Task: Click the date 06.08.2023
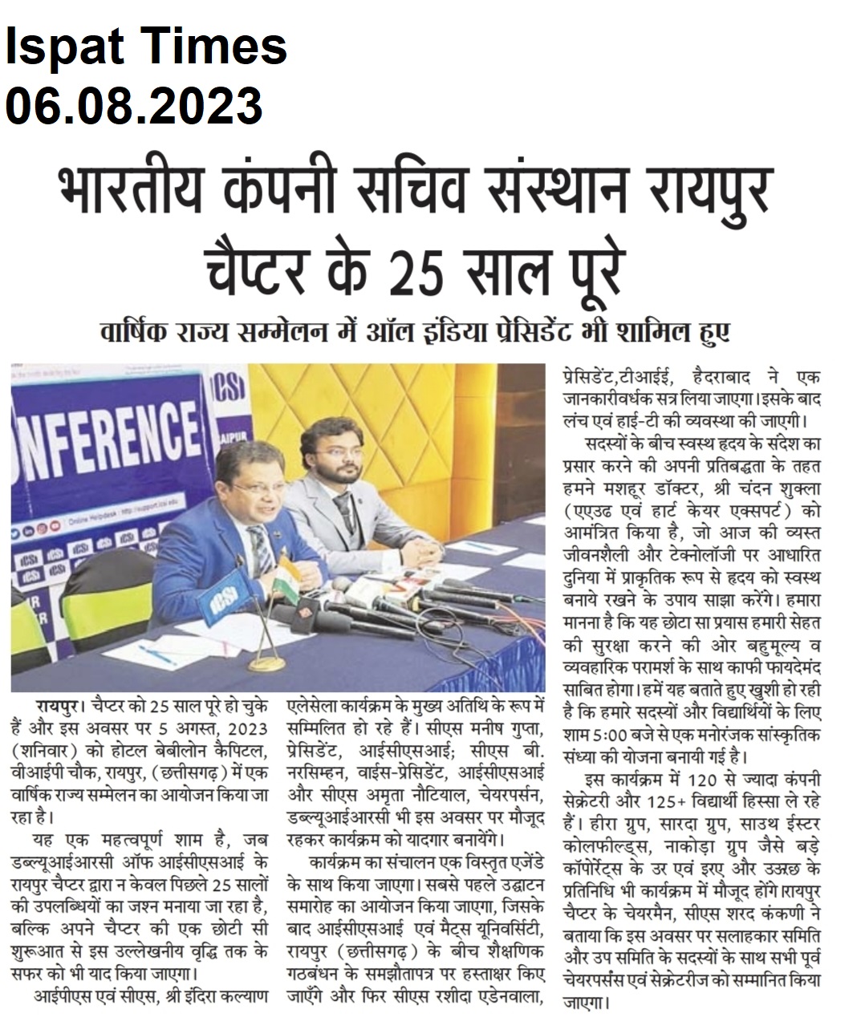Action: (x=134, y=105)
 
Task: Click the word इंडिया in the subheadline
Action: (x=513, y=331)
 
